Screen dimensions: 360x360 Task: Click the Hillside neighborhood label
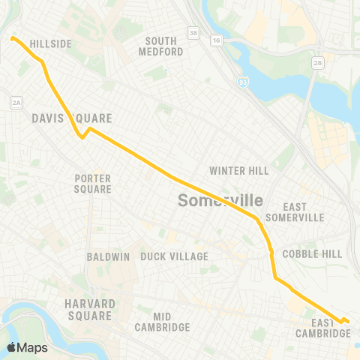(x=50, y=44)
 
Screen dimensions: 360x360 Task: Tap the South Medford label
(x=161, y=46)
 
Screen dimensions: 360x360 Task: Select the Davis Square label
(x=72, y=118)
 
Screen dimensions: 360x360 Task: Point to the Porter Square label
(x=93, y=184)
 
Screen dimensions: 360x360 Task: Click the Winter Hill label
(x=238, y=171)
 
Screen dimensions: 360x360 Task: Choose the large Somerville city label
(x=220, y=201)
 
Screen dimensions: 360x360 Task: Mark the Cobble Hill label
(x=312, y=253)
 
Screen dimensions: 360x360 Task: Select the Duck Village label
(x=174, y=256)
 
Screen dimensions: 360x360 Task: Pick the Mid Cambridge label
(x=162, y=322)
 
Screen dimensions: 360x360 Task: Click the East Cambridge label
(x=323, y=327)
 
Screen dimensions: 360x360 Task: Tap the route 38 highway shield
(x=193, y=33)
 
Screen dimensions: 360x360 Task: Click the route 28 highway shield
(x=317, y=64)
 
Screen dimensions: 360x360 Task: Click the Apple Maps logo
(x=27, y=347)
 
